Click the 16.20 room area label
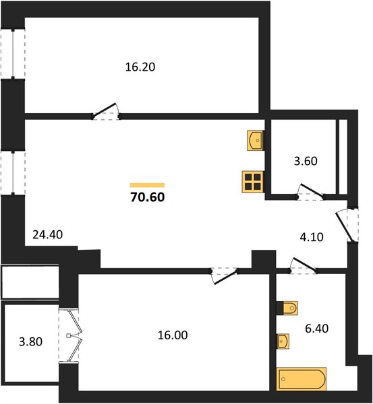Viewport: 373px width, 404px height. pos(140,67)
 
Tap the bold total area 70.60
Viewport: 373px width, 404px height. pos(148,197)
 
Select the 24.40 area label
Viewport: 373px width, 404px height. pos(48,235)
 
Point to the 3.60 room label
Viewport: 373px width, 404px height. pos(306,161)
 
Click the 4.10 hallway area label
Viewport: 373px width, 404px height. pos(312,237)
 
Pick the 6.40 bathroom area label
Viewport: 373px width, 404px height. pos(317,329)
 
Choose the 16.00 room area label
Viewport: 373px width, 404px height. pos(173,335)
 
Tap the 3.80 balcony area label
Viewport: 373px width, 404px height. pos(31,342)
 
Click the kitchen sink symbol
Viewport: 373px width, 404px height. pos(256,141)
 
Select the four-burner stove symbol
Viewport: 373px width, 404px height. pos(253,182)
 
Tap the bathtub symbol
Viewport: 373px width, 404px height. pos(302,379)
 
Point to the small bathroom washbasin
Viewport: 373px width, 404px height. pos(283,341)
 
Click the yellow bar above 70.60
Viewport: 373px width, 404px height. pos(147,185)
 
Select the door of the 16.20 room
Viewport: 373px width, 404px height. pos(106,112)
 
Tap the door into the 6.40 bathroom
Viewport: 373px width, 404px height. pos(303,266)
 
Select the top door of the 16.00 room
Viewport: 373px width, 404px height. pos(224,276)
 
